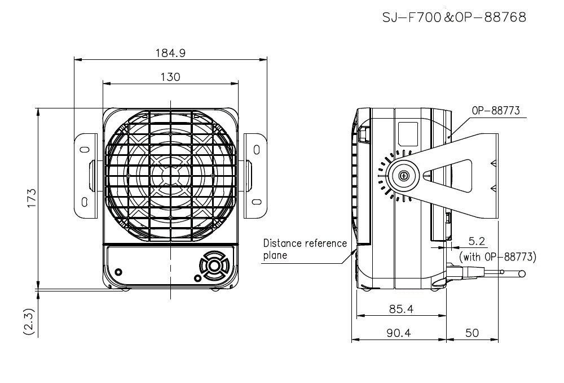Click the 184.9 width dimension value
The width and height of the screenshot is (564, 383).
[x=170, y=53]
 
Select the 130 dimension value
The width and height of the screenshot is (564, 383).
[x=170, y=77]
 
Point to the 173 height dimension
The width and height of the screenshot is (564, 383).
[x=32, y=198]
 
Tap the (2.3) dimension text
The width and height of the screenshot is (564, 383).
[x=29, y=322]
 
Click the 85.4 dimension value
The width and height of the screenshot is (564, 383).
[x=401, y=309]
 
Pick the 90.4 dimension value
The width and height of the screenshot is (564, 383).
[x=399, y=333]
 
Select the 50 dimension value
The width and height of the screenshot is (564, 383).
[x=472, y=333]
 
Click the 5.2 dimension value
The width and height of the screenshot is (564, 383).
[x=477, y=241]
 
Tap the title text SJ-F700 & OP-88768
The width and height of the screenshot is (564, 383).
[x=454, y=18]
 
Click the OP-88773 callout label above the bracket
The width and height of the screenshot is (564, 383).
[x=496, y=111]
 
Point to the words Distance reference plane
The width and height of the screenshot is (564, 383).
[x=305, y=249]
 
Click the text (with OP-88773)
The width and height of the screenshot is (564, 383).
[x=498, y=257]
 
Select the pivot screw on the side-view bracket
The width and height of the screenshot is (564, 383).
[x=404, y=176]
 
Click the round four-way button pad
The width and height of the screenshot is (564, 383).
[x=214, y=266]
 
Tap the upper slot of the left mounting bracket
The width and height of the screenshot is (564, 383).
[x=85, y=150]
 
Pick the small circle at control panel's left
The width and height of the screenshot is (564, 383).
[x=118, y=272]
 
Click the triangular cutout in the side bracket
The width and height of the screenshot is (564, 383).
[x=447, y=176]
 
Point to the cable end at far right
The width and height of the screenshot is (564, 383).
[x=522, y=274]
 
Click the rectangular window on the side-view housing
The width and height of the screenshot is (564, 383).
[x=408, y=134]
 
